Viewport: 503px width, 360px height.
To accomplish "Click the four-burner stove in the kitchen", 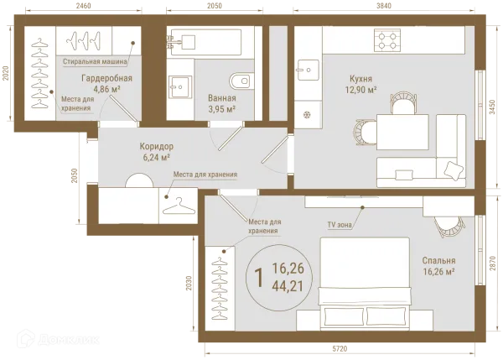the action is pos(387,40).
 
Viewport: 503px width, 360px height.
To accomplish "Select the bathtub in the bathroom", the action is pos(206,43).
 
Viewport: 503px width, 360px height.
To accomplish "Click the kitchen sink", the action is pos(308,70).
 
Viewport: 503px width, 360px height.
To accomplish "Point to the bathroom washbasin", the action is pos(180,86).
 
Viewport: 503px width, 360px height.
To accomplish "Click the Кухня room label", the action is pos(360,79).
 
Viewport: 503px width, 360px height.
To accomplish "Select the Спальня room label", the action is pos(438,260).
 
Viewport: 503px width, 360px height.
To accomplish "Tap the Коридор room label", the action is pos(156,147).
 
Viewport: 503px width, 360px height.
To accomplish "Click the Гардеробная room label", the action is pos(106,78).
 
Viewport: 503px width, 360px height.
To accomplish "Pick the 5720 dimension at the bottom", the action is pos(340,348).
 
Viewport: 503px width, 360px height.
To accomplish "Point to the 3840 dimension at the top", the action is pos(384,6).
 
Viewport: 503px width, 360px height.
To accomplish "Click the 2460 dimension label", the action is pos(83,6).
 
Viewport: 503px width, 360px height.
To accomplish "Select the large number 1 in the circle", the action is pos(258,278).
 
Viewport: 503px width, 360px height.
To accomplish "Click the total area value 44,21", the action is pos(288,286).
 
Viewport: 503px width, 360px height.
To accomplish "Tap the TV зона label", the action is pos(340,225).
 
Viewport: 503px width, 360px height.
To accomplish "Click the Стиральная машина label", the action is pos(95,61).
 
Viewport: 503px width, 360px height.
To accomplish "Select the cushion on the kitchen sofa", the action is pos(454,170).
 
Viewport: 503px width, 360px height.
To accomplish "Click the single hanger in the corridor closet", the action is pos(179,206).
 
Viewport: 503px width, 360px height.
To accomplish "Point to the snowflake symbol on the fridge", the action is pos(307,115).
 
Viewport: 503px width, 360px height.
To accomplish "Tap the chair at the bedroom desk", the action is pos(449,227).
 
